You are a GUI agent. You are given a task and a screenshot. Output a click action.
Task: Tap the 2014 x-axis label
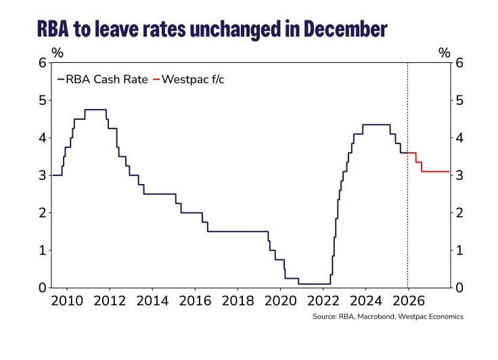click(x=152, y=300)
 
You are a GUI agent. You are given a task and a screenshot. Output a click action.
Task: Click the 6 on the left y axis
click(x=42, y=63)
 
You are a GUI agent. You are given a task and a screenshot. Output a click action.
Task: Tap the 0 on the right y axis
click(x=460, y=288)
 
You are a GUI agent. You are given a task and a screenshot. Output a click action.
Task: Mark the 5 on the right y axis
click(x=460, y=100)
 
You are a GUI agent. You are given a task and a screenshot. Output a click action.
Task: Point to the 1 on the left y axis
click(x=42, y=250)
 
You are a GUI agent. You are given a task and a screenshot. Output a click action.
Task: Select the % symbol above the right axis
click(x=444, y=52)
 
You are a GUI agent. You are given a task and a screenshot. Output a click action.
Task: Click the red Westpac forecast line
click(x=436, y=171)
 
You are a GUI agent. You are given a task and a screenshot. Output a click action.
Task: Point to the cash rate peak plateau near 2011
click(x=95, y=110)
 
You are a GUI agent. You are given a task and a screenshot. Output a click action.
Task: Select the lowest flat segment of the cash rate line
click(x=313, y=284)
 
